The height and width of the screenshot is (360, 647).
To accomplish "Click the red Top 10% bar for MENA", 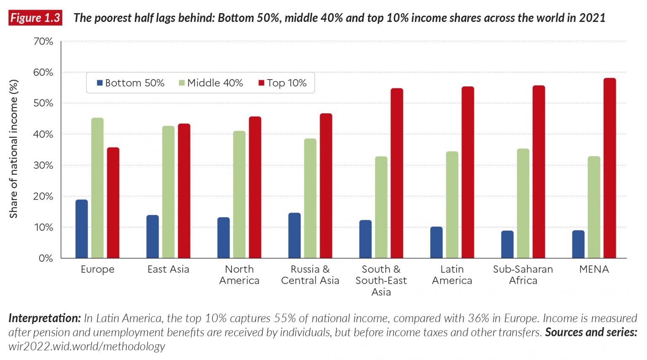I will click(x=610, y=168).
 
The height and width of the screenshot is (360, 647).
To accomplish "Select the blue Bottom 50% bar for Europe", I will click(x=82, y=229).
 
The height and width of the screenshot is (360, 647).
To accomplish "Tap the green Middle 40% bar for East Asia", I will click(x=168, y=192).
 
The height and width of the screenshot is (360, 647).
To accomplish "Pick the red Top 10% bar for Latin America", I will click(x=468, y=173).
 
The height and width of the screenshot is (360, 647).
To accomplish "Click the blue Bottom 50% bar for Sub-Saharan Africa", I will click(x=507, y=245).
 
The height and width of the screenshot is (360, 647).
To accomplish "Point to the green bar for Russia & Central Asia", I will click(x=310, y=198).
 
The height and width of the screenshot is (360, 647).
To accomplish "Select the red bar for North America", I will click(x=255, y=187).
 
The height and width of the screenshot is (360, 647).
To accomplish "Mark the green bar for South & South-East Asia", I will click(x=381, y=207).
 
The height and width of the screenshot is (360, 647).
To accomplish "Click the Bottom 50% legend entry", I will click(x=131, y=83).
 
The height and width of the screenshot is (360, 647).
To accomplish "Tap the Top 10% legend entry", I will click(x=283, y=83).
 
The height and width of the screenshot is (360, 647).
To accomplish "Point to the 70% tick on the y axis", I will click(x=43, y=42).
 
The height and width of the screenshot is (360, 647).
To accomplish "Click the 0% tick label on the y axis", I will click(x=45, y=258).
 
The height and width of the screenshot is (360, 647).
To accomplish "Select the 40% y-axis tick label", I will click(x=43, y=134).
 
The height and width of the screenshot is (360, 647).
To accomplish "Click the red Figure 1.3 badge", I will click(x=35, y=18).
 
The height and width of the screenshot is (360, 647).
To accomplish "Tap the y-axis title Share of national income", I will click(x=13, y=149).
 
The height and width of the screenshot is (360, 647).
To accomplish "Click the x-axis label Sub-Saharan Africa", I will click(x=523, y=275).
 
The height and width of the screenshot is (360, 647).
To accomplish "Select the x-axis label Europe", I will click(x=97, y=269).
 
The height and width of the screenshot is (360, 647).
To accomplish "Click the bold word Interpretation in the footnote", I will click(x=44, y=318).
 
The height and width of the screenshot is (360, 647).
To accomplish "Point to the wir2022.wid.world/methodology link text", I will click(x=87, y=347).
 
